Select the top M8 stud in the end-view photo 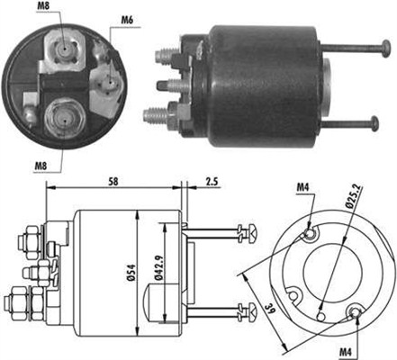66,44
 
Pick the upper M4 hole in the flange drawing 310,235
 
